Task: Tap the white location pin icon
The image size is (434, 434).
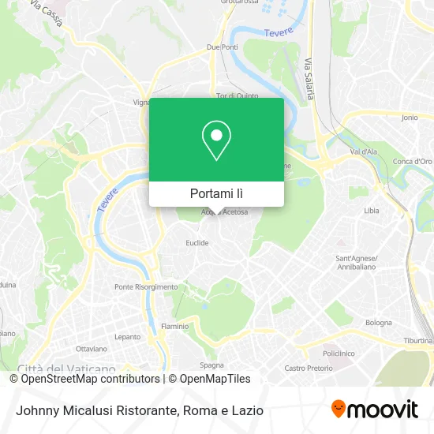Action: pyautogui.click(x=216, y=140)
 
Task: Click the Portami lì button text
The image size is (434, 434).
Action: pyautogui.click(x=216, y=193)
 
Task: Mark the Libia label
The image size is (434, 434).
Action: pyautogui.click(x=372, y=211)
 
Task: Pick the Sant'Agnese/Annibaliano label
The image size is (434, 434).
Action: pyautogui.click(x=357, y=262)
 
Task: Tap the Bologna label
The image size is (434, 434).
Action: pyautogui.click(x=378, y=322)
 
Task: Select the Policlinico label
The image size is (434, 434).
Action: pyautogui.click(x=337, y=354)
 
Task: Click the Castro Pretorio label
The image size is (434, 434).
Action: pyautogui.click(x=305, y=368)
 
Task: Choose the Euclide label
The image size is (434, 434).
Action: pyautogui.click(x=196, y=243)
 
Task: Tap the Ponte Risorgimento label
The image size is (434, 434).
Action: pyautogui.click(x=146, y=287)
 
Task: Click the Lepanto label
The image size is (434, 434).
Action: pyautogui.click(x=127, y=336)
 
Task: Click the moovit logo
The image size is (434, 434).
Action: pyautogui.click(x=375, y=410)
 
